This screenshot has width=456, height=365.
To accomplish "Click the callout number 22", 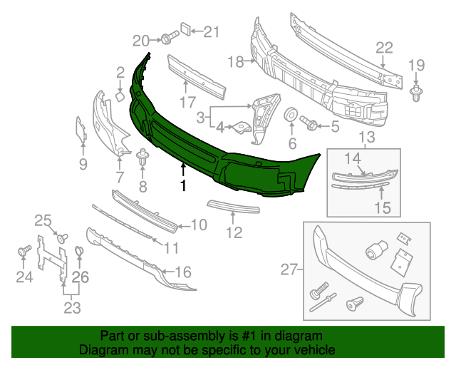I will click(384, 48).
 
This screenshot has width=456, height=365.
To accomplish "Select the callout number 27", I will click(289, 269).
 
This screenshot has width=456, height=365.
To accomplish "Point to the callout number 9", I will click(83, 165).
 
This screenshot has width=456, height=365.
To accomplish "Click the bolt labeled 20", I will click(168, 38).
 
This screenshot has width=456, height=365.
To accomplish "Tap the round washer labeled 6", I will click(291, 115).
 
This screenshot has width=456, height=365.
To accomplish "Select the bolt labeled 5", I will click(310, 123).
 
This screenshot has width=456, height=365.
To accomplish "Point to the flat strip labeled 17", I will click(196, 74).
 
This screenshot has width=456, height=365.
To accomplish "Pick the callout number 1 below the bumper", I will click(183, 186).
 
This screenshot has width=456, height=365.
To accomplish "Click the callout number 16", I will click(183, 272).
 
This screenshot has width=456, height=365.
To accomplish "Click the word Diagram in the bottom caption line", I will click(100, 351).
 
